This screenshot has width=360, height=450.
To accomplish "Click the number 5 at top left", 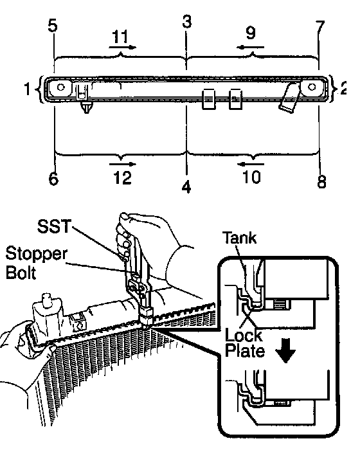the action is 53,26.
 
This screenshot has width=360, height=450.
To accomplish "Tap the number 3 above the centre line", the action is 187,21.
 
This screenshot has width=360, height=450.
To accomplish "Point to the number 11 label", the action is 120,37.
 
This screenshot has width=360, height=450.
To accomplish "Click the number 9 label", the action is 251,32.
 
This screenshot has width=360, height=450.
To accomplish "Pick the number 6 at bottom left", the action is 54,179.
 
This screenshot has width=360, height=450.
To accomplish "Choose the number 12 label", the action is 123,177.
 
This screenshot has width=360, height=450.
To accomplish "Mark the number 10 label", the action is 252,177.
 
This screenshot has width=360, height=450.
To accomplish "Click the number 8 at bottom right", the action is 321,181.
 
